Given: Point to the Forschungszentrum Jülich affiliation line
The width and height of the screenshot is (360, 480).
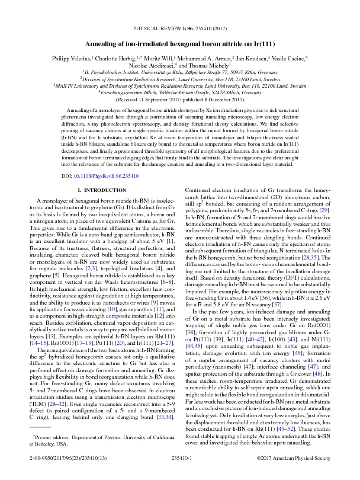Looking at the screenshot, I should [180, 92].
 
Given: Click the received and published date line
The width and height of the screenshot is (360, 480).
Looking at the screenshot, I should [180, 100].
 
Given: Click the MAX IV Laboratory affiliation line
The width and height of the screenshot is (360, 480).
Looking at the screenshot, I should [180, 85].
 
